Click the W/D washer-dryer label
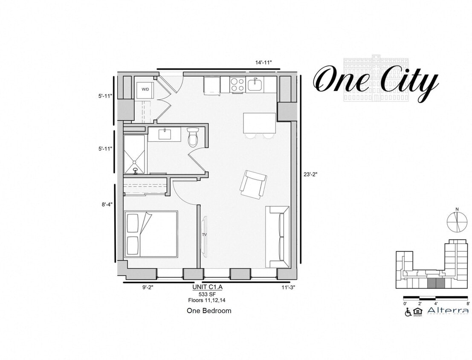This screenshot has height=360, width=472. point(145,89)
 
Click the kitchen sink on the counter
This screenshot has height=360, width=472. point(255,84)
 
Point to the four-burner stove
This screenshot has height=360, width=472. point(237,84)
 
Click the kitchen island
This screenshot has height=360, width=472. point(259,123)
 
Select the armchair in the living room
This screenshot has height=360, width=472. point(253,184)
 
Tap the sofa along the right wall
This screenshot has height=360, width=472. point(278,236)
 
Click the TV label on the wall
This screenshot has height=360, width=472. point(204,235)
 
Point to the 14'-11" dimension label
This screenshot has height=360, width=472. point(264,63)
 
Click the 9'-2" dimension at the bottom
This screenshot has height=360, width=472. point(148,287)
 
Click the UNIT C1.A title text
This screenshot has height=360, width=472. point(207,287)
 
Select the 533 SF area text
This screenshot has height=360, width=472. point(206,294)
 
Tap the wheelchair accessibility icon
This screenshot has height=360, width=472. point(408,312)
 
